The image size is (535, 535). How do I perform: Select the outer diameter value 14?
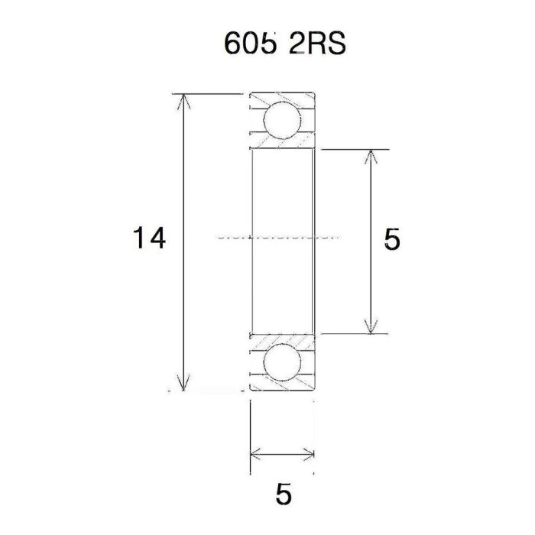(148, 239)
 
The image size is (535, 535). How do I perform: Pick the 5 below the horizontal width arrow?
(283, 494)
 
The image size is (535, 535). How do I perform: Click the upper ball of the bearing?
(281, 121)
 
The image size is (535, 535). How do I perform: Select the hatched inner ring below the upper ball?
(283, 144)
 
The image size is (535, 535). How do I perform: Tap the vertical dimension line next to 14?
(183, 191)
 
